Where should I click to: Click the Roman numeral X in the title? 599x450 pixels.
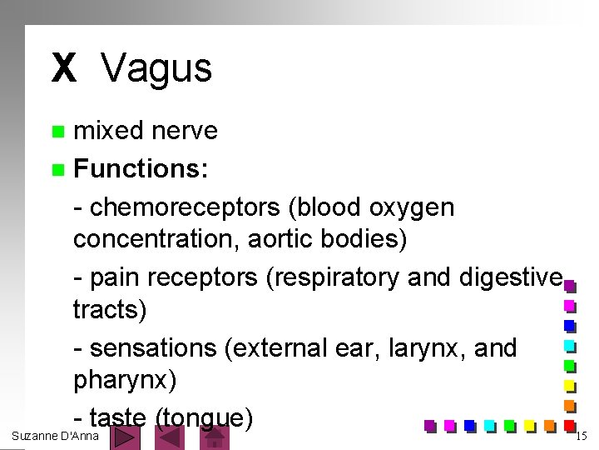[x=63, y=68]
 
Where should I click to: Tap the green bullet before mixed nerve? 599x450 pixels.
[x=57, y=132]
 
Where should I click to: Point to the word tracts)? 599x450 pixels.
[x=109, y=311]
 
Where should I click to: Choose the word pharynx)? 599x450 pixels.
[x=125, y=381]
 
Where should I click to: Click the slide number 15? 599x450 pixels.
[x=582, y=436]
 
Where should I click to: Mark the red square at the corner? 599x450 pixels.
[x=570, y=426]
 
